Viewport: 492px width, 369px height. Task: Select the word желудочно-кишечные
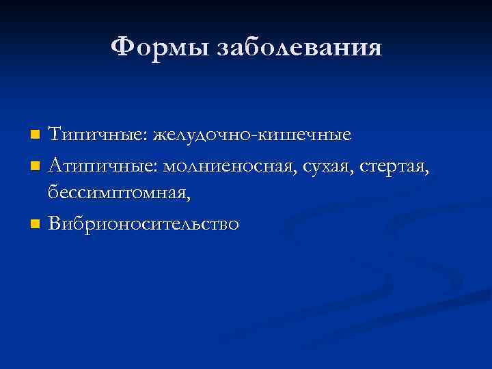253,135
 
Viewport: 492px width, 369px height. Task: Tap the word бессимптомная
118,194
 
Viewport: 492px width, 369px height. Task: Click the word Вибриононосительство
143,224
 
